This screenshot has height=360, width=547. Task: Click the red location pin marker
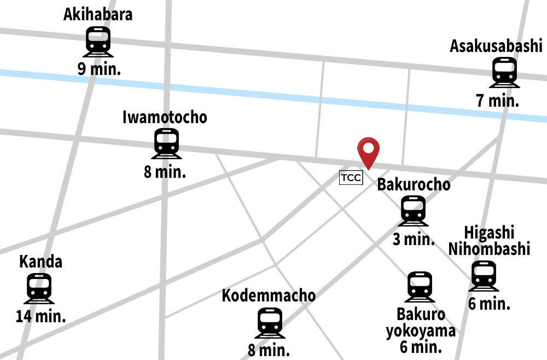point(368,150)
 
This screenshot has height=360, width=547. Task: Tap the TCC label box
point(351,178)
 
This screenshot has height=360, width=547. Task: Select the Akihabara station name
point(98,14)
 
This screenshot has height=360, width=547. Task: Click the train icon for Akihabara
point(98,42)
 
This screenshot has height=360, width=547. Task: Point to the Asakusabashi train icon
point(504,72)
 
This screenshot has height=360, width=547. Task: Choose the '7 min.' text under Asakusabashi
point(497,101)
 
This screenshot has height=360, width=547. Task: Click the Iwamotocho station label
point(165,117)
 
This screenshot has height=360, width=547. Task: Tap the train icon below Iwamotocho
point(166,143)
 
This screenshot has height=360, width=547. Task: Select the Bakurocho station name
point(414,185)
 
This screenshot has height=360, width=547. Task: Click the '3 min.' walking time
point(414,239)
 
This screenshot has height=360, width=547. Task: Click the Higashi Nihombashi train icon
point(484,276)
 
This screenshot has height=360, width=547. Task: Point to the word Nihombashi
point(489,249)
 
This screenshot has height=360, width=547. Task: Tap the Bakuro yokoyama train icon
point(420,287)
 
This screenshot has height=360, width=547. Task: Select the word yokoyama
point(421,331)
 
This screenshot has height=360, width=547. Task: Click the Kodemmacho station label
point(269,296)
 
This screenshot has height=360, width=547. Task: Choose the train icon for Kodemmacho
point(270,323)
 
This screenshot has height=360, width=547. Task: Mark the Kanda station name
point(40,262)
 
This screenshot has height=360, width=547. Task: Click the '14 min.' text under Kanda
point(40,316)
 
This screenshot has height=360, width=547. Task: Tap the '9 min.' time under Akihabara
point(99,69)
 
